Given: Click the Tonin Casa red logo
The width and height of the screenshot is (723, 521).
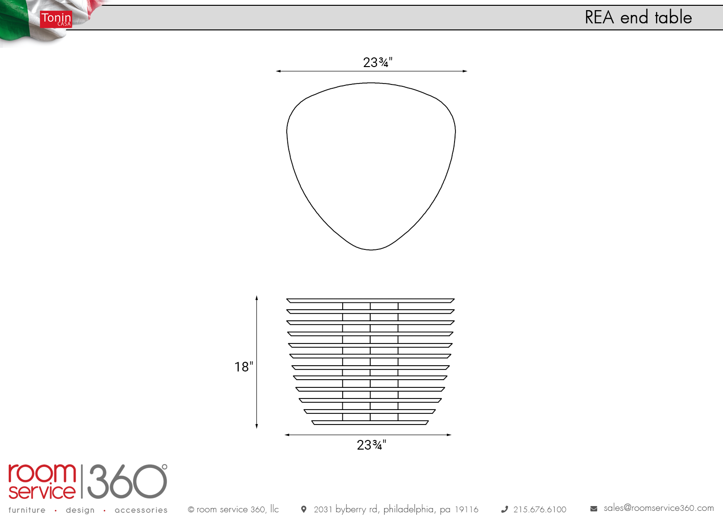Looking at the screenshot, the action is [x=56, y=19].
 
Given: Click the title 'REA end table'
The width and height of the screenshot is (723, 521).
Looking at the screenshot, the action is [x=638, y=17].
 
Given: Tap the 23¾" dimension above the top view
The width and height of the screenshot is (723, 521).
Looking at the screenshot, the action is [x=377, y=62].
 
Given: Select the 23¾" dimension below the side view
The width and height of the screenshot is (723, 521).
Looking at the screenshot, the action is [x=372, y=445].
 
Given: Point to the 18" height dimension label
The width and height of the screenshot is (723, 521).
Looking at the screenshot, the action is [x=244, y=367].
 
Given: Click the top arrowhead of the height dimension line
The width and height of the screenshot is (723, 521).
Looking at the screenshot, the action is [x=256, y=298].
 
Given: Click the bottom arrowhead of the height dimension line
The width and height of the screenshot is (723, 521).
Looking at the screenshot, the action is [x=256, y=426].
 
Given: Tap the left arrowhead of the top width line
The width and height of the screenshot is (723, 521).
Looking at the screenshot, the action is [x=279, y=71].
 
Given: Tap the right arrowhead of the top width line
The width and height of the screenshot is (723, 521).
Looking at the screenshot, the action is [x=465, y=71].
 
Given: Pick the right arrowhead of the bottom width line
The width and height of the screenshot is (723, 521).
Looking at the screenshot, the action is [x=449, y=435].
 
